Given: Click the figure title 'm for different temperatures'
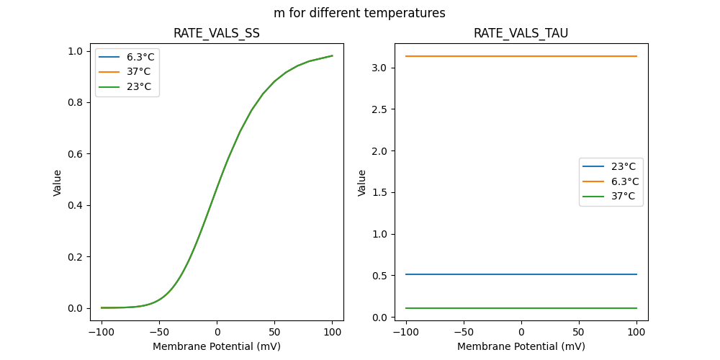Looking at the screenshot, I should click(359, 13).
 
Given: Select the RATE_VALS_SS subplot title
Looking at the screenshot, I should click(216, 33).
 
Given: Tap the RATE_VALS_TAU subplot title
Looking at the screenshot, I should click(521, 33).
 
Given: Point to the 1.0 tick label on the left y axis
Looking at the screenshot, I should click(75, 51).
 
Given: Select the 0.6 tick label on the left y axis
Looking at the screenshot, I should click(75, 154).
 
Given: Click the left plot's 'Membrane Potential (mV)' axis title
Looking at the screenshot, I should click(216, 346).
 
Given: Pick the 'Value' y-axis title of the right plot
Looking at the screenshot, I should click(362, 182).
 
